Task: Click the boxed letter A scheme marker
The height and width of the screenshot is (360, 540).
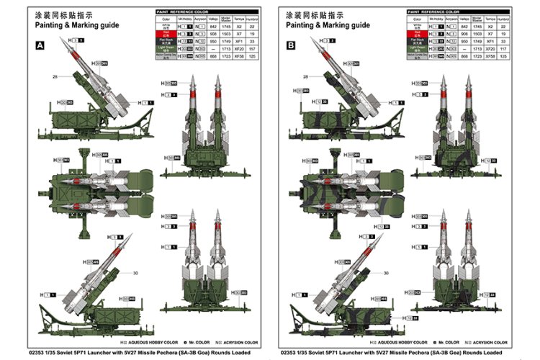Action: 40,45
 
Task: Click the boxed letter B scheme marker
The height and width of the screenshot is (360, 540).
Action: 290,45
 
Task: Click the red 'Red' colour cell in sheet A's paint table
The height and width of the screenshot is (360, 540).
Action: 166,34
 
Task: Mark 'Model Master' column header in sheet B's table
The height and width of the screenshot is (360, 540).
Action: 477,19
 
